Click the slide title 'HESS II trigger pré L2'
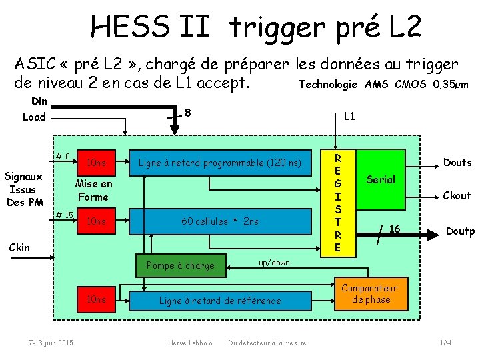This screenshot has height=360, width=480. [256, 27]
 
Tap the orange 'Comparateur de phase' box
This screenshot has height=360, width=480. [369, 294]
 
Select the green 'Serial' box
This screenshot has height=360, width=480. [381, 179]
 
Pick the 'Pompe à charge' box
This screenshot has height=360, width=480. [181, 265]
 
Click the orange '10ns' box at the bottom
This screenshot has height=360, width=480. [97, 300]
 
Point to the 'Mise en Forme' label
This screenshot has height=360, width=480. [94, 190]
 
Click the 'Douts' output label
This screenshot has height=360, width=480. [457, 163]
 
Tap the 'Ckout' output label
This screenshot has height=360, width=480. [457, 196]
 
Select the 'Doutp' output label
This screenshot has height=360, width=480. [460, 231]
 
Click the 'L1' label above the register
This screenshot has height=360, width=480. [349, 117]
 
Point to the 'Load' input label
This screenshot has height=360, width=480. [34, 117]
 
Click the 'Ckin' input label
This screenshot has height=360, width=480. [19, 247]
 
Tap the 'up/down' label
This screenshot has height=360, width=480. [274, 263]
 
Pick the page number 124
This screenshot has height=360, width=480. [445, 343]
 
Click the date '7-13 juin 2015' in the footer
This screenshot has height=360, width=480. [51, 343]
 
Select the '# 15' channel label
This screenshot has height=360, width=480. [65, 215]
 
